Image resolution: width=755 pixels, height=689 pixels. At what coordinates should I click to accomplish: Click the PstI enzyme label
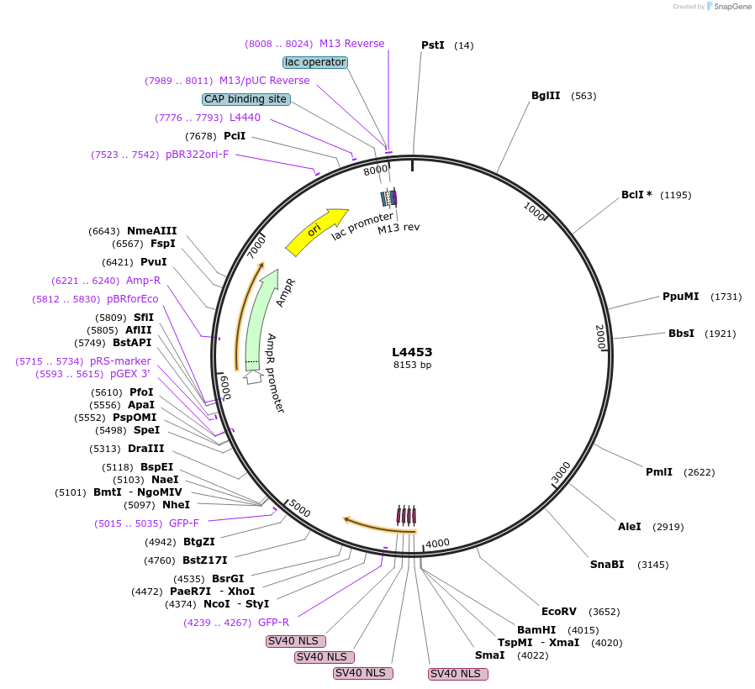click(432, 45)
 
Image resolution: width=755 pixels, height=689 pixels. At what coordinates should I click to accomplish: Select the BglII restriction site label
click(546, 96)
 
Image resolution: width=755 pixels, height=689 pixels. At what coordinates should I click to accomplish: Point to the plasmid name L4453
click(412, 352)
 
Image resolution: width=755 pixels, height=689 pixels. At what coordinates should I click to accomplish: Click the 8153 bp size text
click(412, 365)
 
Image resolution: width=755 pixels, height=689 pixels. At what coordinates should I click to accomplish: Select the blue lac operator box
click(315, 62)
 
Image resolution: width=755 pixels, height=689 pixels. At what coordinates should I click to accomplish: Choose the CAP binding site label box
click(246, 99)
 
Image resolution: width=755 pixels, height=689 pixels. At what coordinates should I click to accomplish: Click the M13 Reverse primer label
click(351, 44)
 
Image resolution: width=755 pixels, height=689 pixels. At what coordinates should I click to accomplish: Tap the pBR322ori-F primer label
click(197, 155)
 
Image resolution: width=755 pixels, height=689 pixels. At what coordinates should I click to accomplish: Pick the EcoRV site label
click(558, 612)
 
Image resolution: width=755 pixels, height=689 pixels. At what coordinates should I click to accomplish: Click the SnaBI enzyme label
click(607, 565)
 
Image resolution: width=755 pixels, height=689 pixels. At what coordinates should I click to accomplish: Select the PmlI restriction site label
click(658, 472)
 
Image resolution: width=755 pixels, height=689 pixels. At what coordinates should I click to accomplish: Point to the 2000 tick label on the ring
click(599, 337)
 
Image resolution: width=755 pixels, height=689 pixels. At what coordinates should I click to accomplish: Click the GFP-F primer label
click(183, 523)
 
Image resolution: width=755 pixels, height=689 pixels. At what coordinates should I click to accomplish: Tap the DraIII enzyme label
click(146, 449)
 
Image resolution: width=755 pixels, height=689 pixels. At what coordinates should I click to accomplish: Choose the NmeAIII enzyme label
click(151, 231)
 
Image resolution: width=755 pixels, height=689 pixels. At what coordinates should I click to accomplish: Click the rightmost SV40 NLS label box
click(457, 674)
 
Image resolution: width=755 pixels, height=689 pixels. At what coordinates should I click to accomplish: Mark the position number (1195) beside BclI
click(675, 195)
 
